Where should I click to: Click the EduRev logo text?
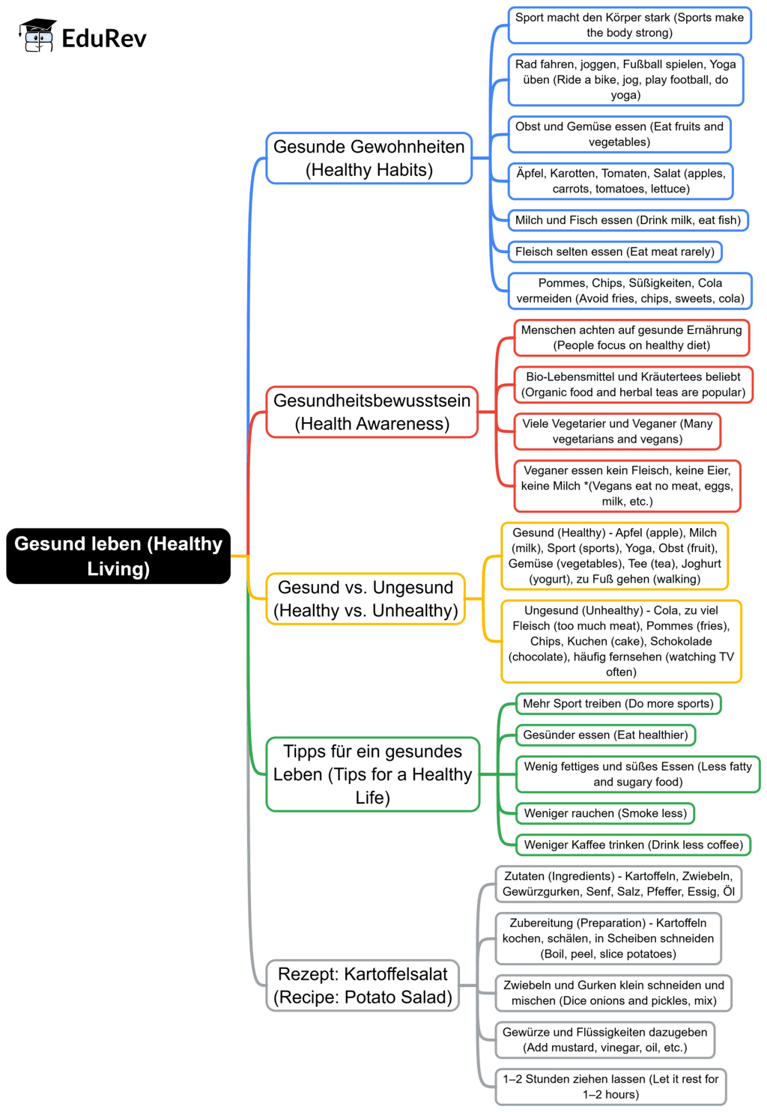103,38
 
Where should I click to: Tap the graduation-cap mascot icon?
37,35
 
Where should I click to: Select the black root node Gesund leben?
118,556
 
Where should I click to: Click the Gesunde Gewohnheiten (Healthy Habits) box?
369,158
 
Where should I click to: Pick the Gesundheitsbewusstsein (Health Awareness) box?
372,412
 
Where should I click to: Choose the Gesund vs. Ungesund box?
366,599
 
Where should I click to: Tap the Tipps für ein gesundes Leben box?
372,774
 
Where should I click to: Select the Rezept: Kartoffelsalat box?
363,985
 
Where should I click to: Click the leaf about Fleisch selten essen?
614,252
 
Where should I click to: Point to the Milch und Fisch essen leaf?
628,220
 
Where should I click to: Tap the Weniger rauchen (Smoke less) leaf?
605,813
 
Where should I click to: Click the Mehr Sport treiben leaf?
618,704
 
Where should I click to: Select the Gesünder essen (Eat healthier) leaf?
605,735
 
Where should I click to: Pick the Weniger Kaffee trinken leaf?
633,845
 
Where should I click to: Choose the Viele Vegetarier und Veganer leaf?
617,431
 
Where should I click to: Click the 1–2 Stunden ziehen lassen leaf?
610,1087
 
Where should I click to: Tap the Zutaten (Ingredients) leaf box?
618,884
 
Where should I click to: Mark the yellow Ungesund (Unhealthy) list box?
621,641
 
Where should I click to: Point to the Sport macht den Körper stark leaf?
629,25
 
